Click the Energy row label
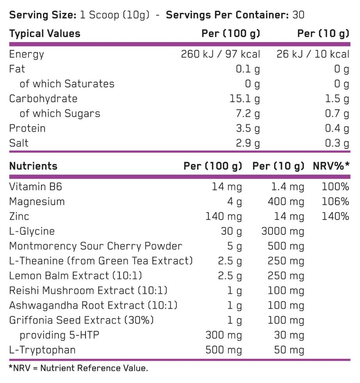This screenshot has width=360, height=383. [27, 54]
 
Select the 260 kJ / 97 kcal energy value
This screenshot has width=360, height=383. [220, 54]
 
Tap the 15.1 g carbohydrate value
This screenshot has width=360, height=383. [245, 99]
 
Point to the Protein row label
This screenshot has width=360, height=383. [27, 129]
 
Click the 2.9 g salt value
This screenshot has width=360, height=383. [248, 143]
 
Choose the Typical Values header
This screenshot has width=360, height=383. [45, 34]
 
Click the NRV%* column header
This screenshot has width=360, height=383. [331, 166]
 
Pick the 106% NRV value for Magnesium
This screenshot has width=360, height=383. [335, 202]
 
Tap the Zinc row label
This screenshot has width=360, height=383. [19, 217]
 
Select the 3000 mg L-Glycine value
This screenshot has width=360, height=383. [282, 231]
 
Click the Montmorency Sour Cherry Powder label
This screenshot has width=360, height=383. [96, 246]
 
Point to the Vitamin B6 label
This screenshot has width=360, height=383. [36, 187]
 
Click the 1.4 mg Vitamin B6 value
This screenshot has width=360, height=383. [287, 187]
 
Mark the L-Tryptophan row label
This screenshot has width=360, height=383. [42, 350]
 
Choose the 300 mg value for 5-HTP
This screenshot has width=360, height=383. [224, 335]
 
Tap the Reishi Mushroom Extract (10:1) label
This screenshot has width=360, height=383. [88, 291]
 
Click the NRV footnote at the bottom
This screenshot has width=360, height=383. [78, 368]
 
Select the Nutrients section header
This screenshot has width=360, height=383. [33, 166]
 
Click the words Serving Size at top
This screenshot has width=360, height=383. [42, 15]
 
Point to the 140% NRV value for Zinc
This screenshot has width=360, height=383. [335, 217]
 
